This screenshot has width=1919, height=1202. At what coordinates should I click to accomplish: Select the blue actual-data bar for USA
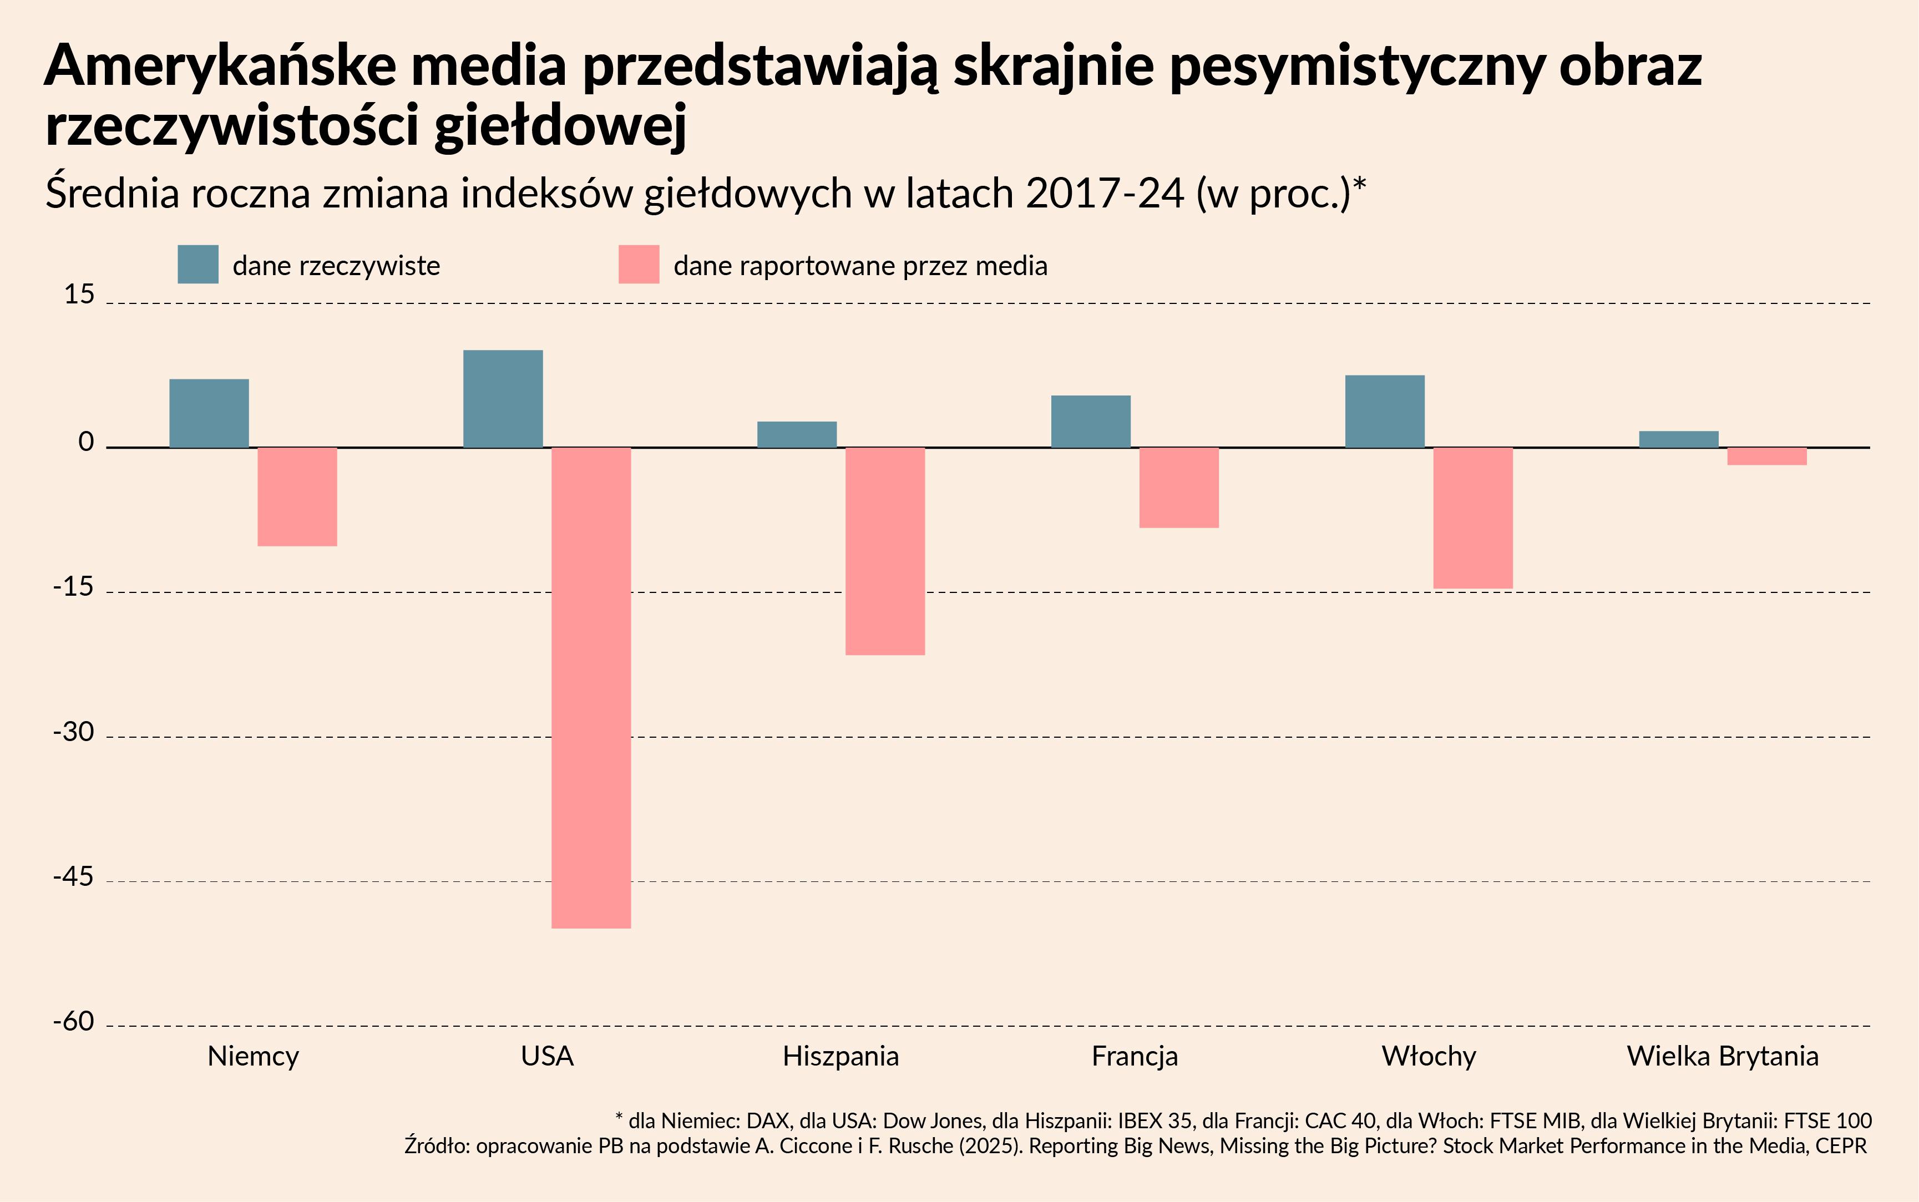pos(503,398)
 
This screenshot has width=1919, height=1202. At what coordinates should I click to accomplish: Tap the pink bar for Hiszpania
pos(885,551)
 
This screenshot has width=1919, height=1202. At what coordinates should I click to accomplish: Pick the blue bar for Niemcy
pos(209,413)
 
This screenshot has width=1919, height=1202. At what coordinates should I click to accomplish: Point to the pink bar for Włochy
pos(1472,518)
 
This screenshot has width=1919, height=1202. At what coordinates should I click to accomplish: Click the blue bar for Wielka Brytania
pos(1678,439)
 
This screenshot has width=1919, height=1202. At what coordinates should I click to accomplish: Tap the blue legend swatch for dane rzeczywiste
pos(198,264)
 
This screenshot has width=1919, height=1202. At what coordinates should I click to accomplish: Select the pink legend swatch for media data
pos(639,264)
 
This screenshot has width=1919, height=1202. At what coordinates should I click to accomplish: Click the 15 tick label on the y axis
pos(79,295)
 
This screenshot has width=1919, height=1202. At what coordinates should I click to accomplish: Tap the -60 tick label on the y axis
pos(73,1022)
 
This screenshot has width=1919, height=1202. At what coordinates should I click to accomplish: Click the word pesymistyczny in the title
pos(1357,67)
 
